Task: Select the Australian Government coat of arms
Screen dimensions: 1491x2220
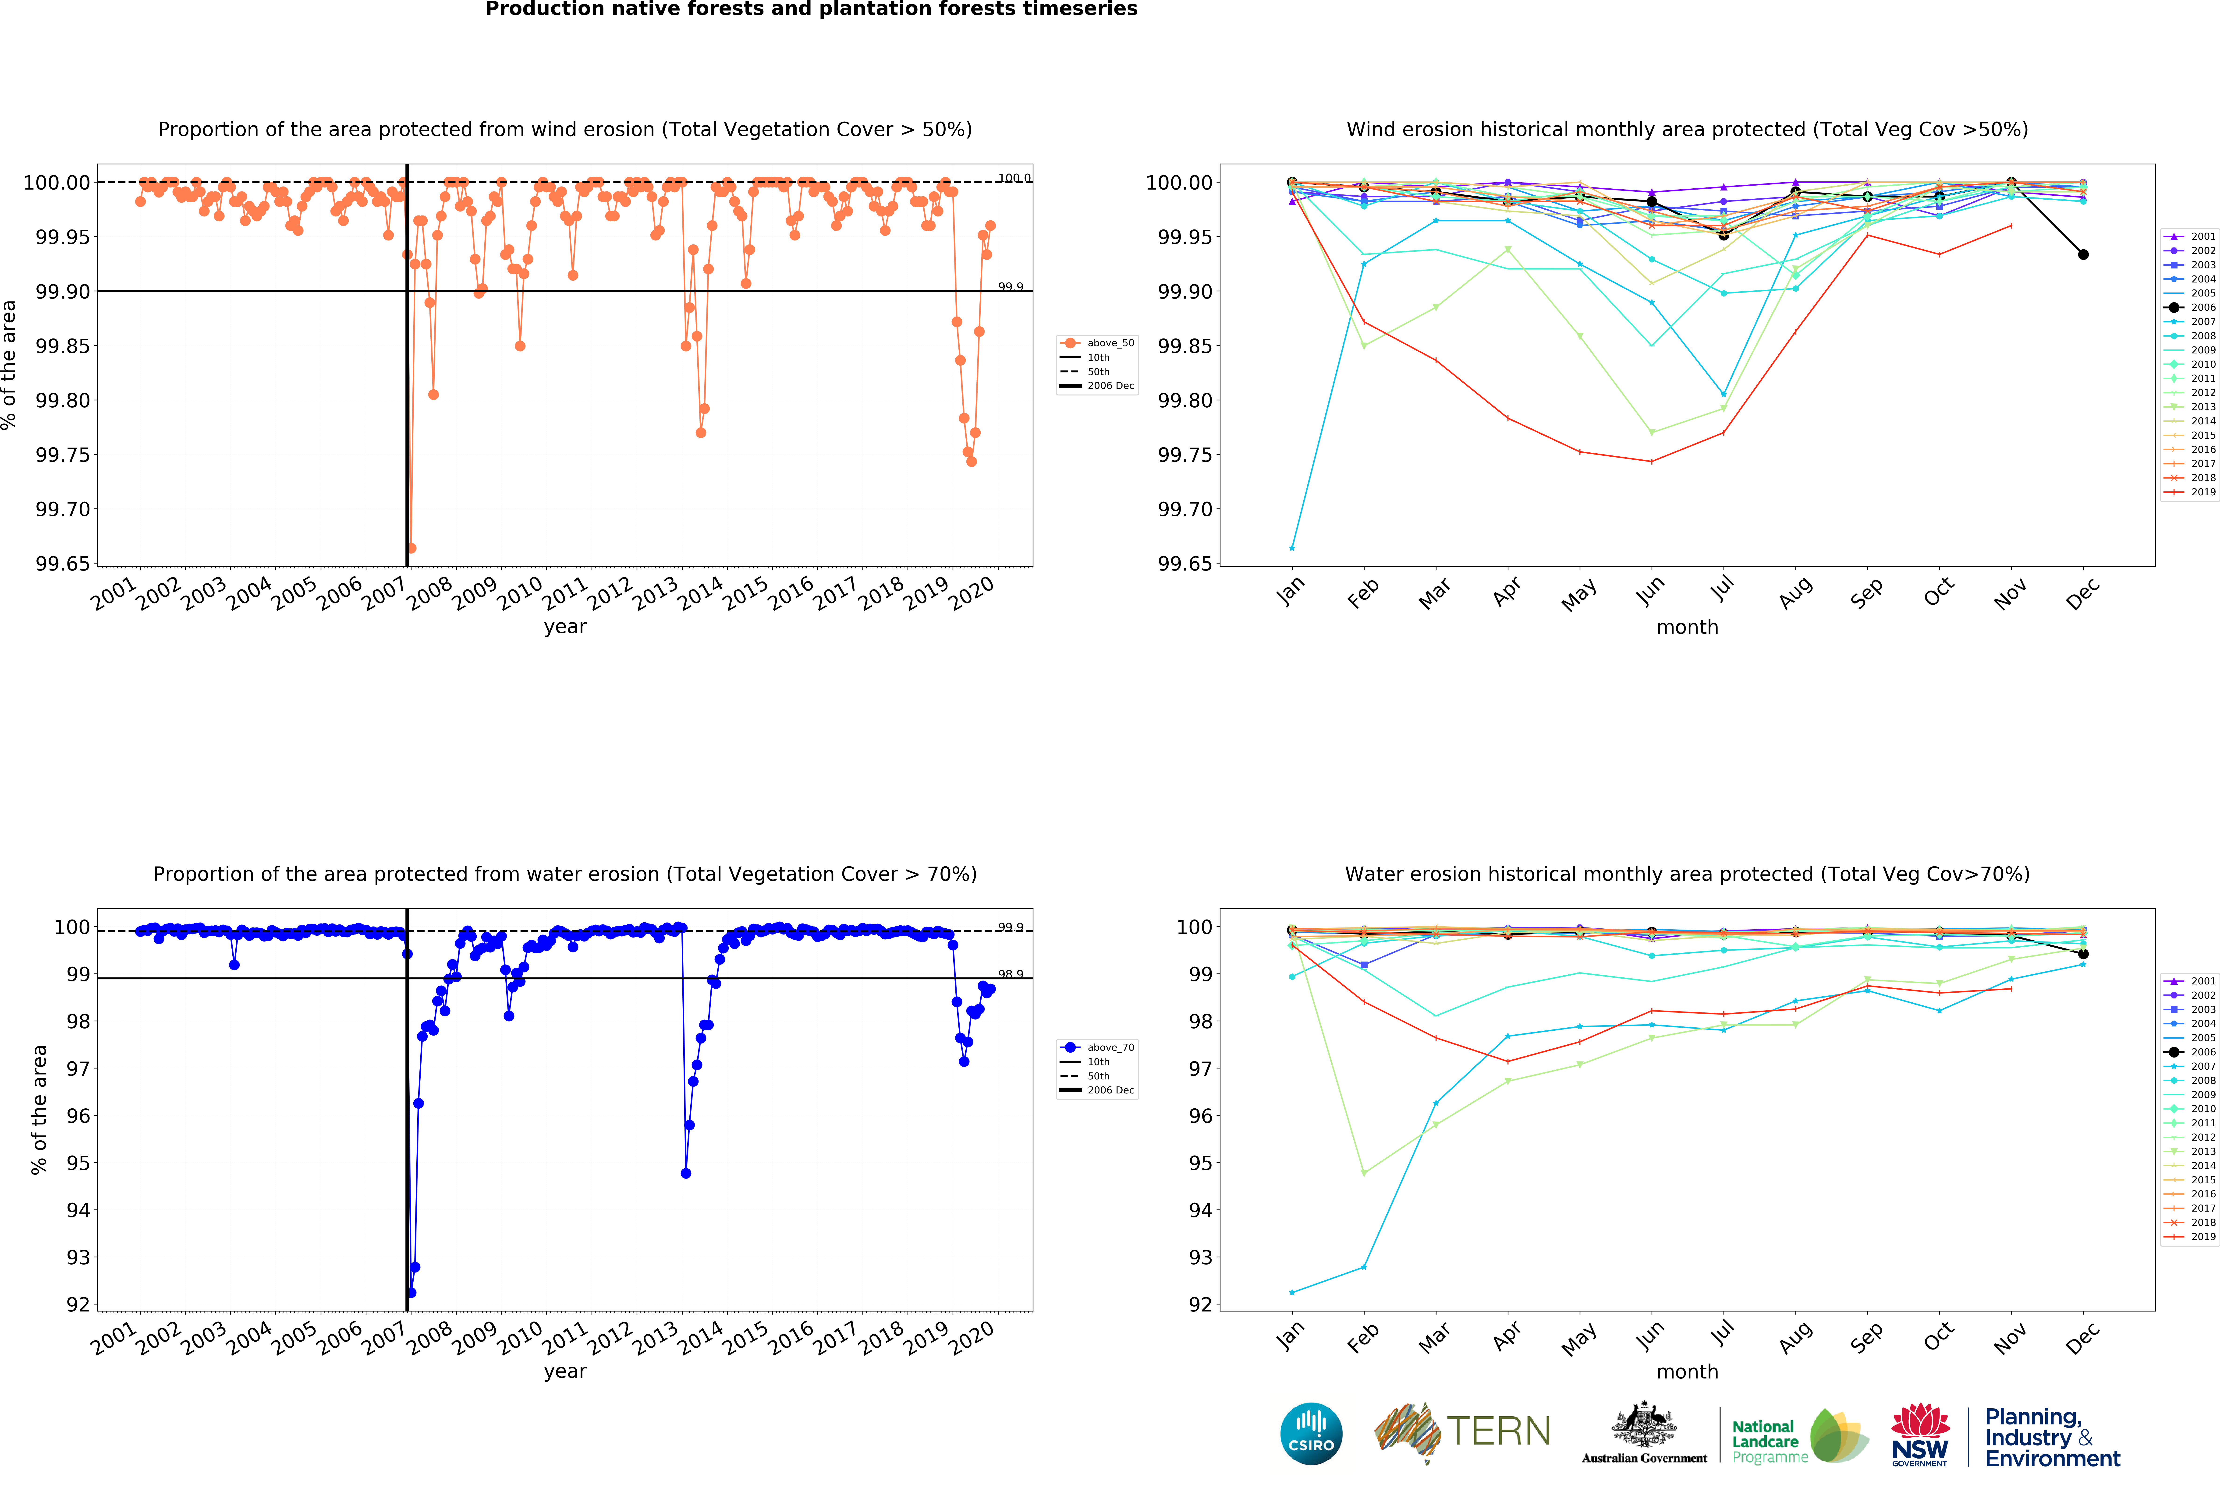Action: [1644, 1426]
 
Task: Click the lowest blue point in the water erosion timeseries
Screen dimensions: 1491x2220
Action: [411, 1292]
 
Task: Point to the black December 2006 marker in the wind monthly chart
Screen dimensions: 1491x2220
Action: [2083, 255]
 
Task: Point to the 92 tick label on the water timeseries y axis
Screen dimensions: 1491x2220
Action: [78, 1305]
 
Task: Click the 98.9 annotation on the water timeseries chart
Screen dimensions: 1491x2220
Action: [1010, 974]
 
